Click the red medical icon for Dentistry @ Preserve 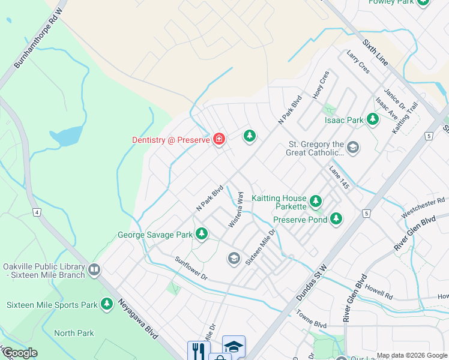pos(219,140)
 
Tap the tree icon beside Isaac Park pos(373,119)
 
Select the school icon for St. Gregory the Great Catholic pos(354,148)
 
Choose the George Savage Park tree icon pos(202,234)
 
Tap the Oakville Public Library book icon pos(94,270)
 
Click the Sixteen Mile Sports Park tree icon pos(107,304)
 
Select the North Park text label pos(74,333)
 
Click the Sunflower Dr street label pos(191,268)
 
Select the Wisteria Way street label pos(236,209)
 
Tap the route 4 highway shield pos(37,212)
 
